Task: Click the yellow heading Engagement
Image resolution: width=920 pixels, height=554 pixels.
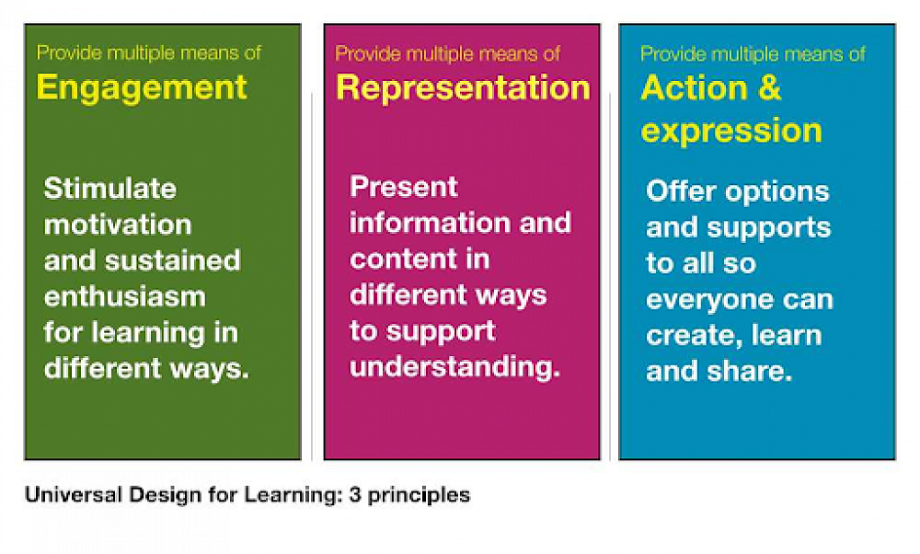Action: (142, 87)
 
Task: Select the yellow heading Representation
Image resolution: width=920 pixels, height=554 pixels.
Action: (463, 87)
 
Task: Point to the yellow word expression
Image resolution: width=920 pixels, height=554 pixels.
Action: (731, 131)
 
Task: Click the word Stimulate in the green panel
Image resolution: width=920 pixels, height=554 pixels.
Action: (109, 189)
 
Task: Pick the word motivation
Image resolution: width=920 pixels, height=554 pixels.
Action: (118, 225)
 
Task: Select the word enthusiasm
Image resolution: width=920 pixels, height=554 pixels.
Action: (125, 297)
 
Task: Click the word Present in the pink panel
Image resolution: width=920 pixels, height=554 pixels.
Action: (404, 187)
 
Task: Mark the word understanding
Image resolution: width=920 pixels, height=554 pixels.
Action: (454, 367)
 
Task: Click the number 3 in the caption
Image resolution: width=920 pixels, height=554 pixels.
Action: (354, 495)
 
